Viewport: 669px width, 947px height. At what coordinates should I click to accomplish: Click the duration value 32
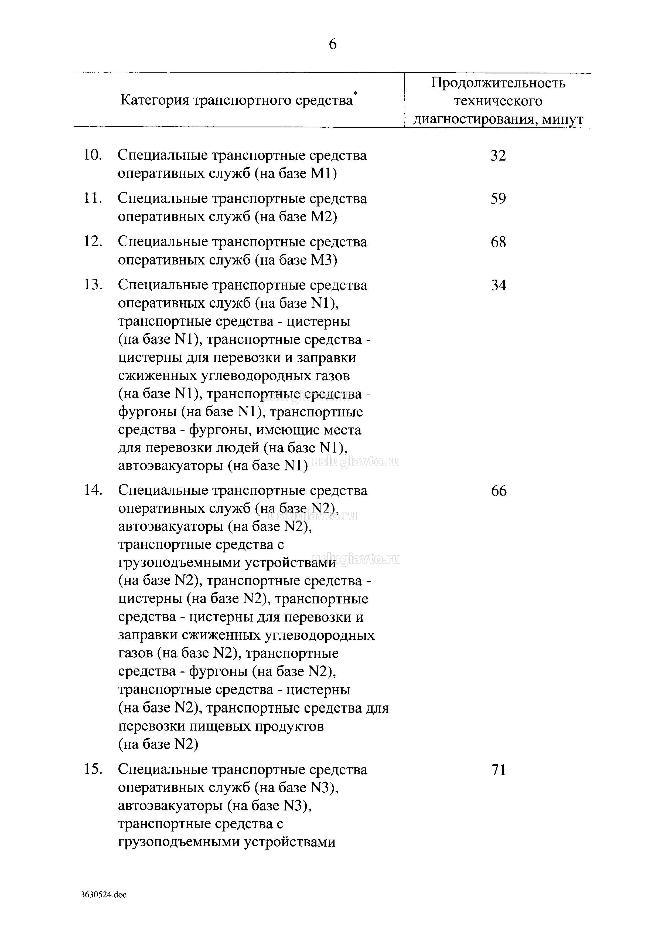pyautogui.click(x=498, y=156)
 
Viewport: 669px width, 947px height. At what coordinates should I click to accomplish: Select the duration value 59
pyautogui.click(x=498, y=199)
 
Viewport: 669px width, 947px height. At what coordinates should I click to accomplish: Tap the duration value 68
pyautogui.click(x=498, y=242)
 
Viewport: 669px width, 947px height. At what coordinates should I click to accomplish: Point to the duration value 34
pyautogui.click(x=498, y=286)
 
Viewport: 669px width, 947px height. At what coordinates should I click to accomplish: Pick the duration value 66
pyautogui.click(x=499, y=491)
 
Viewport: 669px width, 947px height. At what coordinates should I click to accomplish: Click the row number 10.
pyautogui.click(x=93, y=156)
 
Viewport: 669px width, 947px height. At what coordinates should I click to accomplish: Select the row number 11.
pyautogui.click(x=93, y=199)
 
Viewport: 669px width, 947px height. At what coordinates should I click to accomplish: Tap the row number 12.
pyautogui.click(x=93, y=242)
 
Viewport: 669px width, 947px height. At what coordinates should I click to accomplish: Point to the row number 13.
pyautogui.click(x=93, y=286)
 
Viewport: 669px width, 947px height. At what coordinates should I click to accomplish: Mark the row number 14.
pyautogui.click(x=93, y=491)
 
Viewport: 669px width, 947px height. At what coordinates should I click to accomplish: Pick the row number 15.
pyautogui.click(x=93, y=770)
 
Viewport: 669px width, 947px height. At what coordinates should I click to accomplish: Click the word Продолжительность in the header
pyautogui.click(x=498, y=83)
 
